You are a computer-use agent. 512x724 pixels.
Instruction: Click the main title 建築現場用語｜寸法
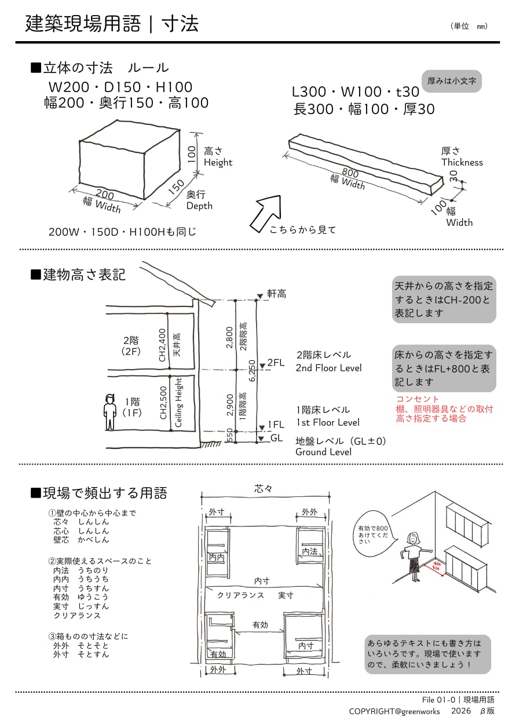pos(112,24)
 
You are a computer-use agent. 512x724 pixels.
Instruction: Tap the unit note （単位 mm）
pos(469,26)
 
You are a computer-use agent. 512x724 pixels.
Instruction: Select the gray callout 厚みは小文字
pos(452,81)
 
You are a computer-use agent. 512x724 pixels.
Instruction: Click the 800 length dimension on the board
pos(350,172)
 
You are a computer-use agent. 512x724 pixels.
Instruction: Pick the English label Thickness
pos(462,162)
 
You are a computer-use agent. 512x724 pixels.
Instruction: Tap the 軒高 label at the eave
pos(276,294)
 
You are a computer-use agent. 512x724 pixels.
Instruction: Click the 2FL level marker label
pos(276,363)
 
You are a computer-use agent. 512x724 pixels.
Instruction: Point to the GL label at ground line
pos(277,438)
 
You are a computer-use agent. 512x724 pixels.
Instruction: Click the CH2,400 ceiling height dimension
pos(163,345)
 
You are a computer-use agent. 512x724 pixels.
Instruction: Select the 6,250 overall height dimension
pos(251,371)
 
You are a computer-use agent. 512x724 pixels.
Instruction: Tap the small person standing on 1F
pos(110,412)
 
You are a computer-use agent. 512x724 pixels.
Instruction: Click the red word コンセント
pos(418,399)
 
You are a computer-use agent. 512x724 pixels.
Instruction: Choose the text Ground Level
pos(323,452)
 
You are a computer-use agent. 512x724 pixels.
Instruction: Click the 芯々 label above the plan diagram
pos(264,489)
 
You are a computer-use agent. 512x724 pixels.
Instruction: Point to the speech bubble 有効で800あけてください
pos(373,533)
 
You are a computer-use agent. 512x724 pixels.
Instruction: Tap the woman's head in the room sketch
pos(414,537)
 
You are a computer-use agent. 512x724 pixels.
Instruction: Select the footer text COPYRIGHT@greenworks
pos(394,711)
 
